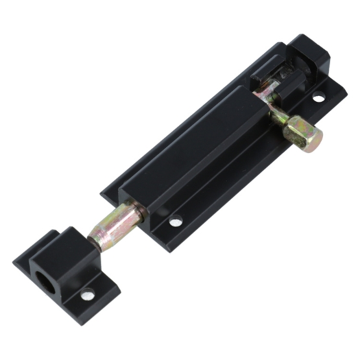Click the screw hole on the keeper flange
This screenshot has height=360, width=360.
coord(86,295)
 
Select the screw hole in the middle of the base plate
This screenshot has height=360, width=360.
coord(176,222)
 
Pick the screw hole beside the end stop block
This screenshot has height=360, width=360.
coord(318,99)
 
